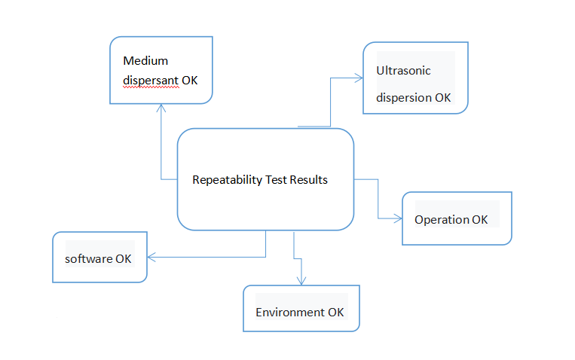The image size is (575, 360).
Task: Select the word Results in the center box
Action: coord(309,180)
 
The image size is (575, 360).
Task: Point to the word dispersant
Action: coord(150,79)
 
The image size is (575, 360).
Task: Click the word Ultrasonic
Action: coord(403,72)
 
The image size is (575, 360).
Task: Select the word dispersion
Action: coord(405,98)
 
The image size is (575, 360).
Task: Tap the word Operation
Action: coord(442,220)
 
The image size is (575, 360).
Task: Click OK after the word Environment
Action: coord(336,313)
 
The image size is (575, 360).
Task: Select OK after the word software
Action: coord(124,258)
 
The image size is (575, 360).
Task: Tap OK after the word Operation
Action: coord(480,220)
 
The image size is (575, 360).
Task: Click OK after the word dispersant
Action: coord(190,79)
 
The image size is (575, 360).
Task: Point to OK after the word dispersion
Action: coord(443,98)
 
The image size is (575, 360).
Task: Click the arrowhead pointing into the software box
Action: coord(150,258)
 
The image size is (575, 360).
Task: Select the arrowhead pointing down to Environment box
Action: coord(301,281)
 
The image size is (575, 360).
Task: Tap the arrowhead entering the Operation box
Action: coord(399,218)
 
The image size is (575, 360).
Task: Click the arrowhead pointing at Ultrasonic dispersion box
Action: coord(359,76)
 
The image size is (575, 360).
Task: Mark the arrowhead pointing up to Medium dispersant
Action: coord(161,107)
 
